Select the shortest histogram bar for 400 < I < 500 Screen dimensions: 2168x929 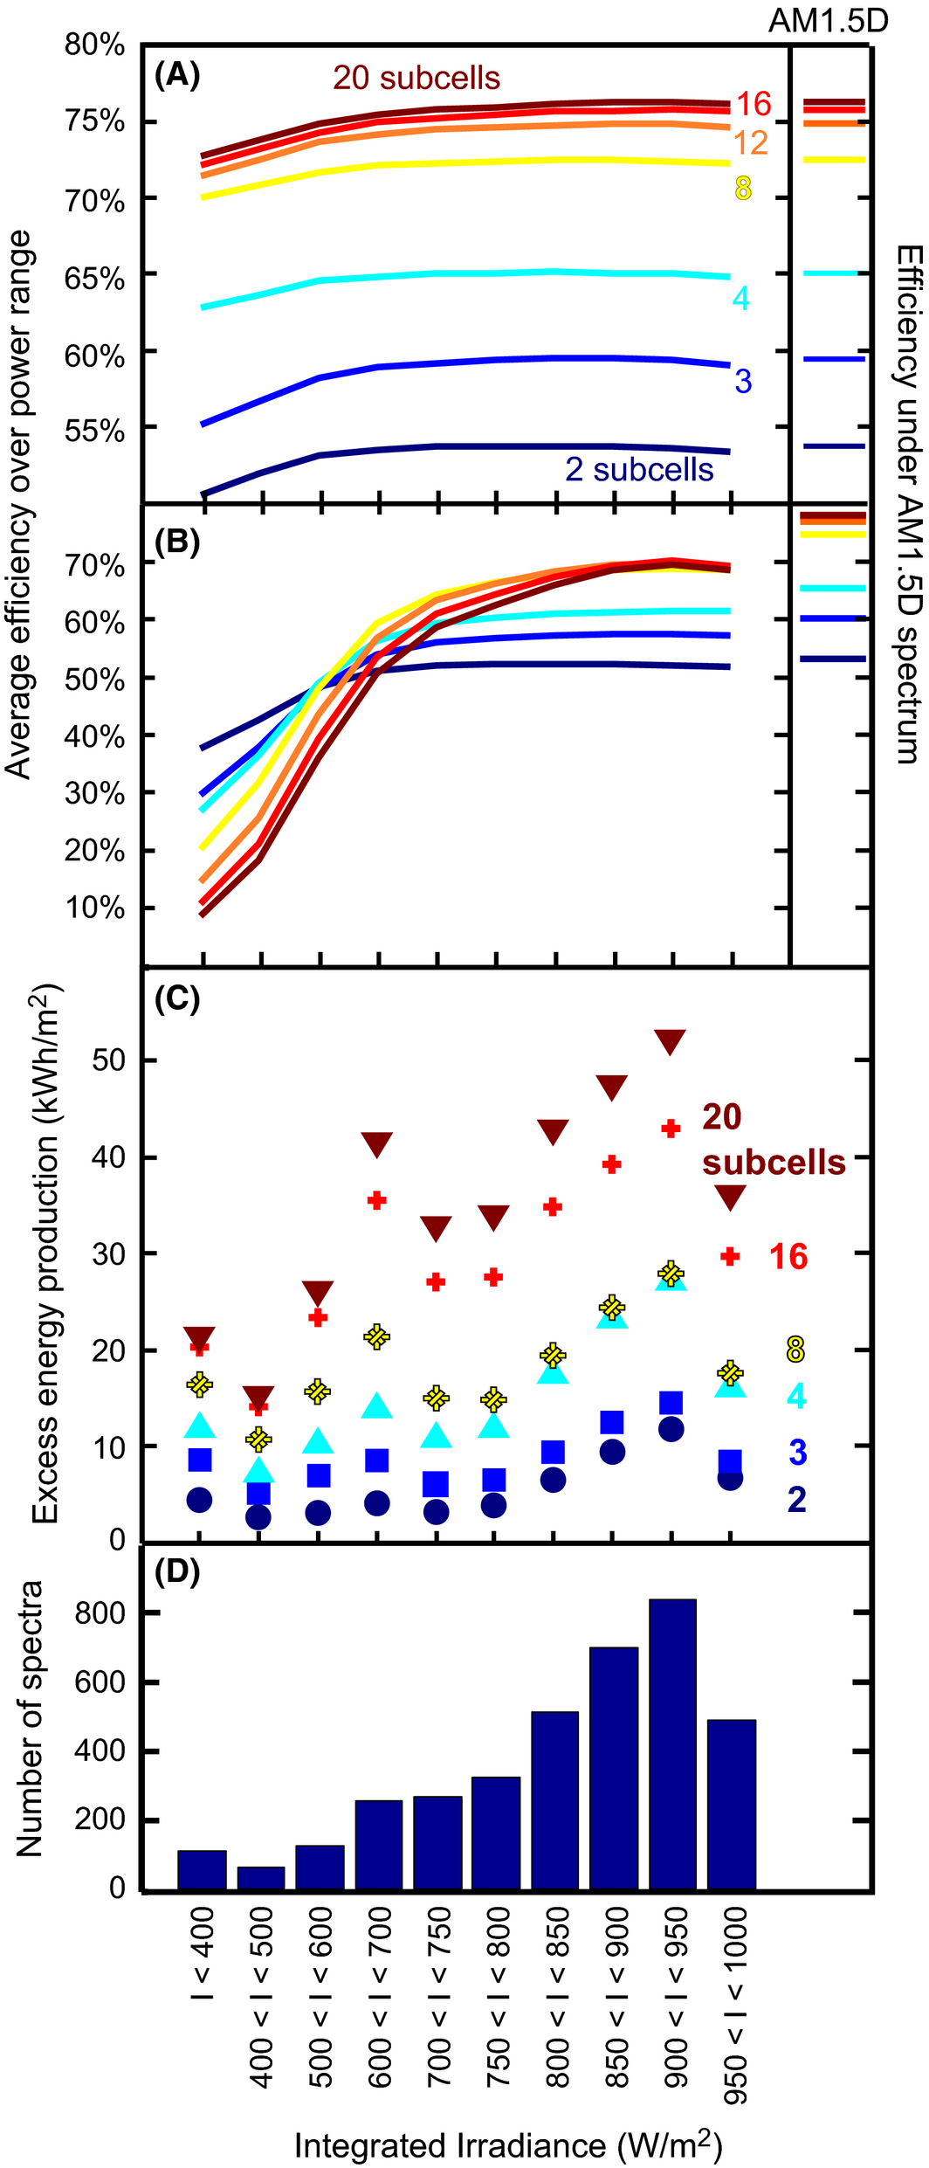coord(260,1879)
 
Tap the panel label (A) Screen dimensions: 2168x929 coord(177,76)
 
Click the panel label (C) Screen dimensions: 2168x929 coord(177,998)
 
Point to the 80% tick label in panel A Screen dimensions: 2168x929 coord(94,45)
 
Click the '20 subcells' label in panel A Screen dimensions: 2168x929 coord(416,78)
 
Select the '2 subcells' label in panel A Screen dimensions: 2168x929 coord(639,470)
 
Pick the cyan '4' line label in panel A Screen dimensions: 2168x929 coord(740,299)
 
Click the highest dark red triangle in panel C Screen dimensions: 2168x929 coord(670,1041)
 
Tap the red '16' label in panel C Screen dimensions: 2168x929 coord(788,1257)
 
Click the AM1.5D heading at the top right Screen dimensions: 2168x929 coord(828,21)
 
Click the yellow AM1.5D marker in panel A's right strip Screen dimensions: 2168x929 coord(834,160)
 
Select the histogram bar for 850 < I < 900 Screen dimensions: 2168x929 coord(613,1768)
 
